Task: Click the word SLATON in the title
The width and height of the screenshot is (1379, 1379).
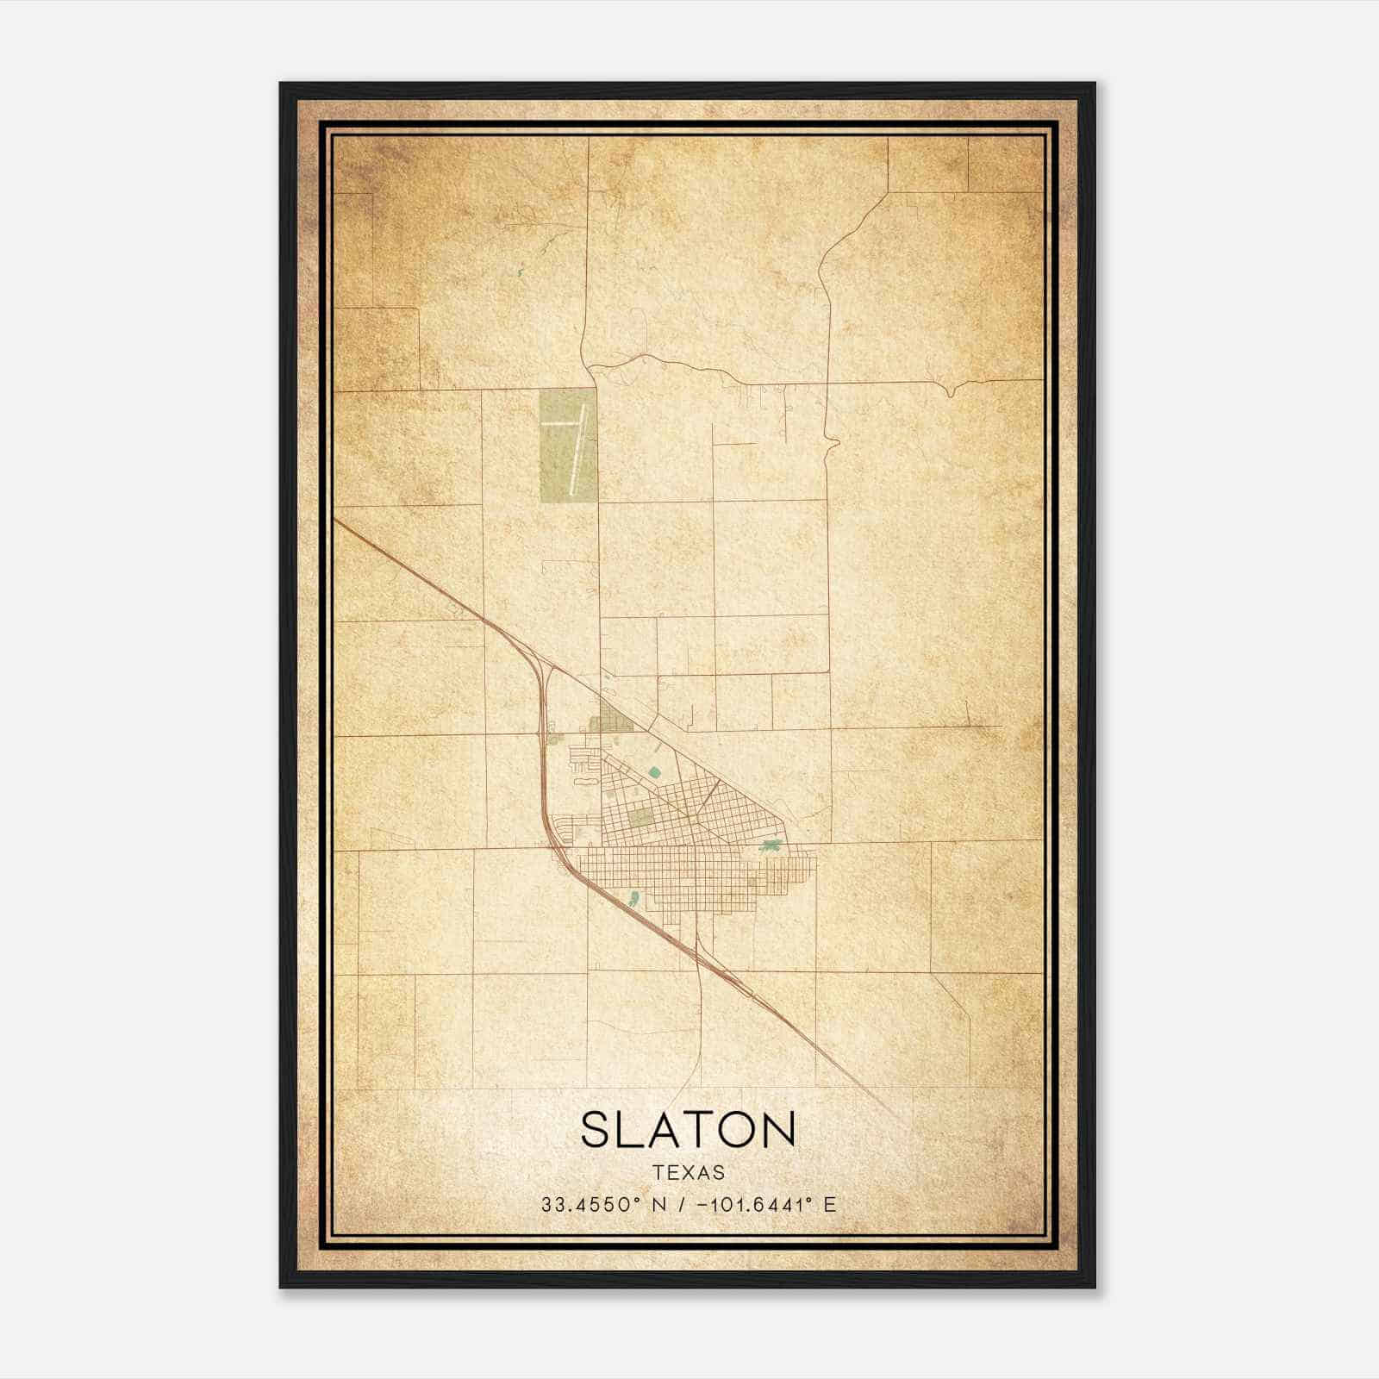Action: point(688,1129)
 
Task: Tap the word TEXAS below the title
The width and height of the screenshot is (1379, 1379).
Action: point(689,1173)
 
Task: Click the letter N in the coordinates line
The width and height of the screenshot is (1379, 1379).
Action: point(659,1205)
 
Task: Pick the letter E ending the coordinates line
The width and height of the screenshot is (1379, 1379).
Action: point(830,1205)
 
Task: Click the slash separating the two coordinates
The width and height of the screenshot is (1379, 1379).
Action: point(683,1205)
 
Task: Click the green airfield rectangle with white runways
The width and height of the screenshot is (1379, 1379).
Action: point(568,446)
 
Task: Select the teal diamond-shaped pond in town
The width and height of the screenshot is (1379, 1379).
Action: point(655,772)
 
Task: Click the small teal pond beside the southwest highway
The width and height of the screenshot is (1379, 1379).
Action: point(634,899)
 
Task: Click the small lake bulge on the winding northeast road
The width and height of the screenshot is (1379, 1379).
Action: point(833,445)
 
